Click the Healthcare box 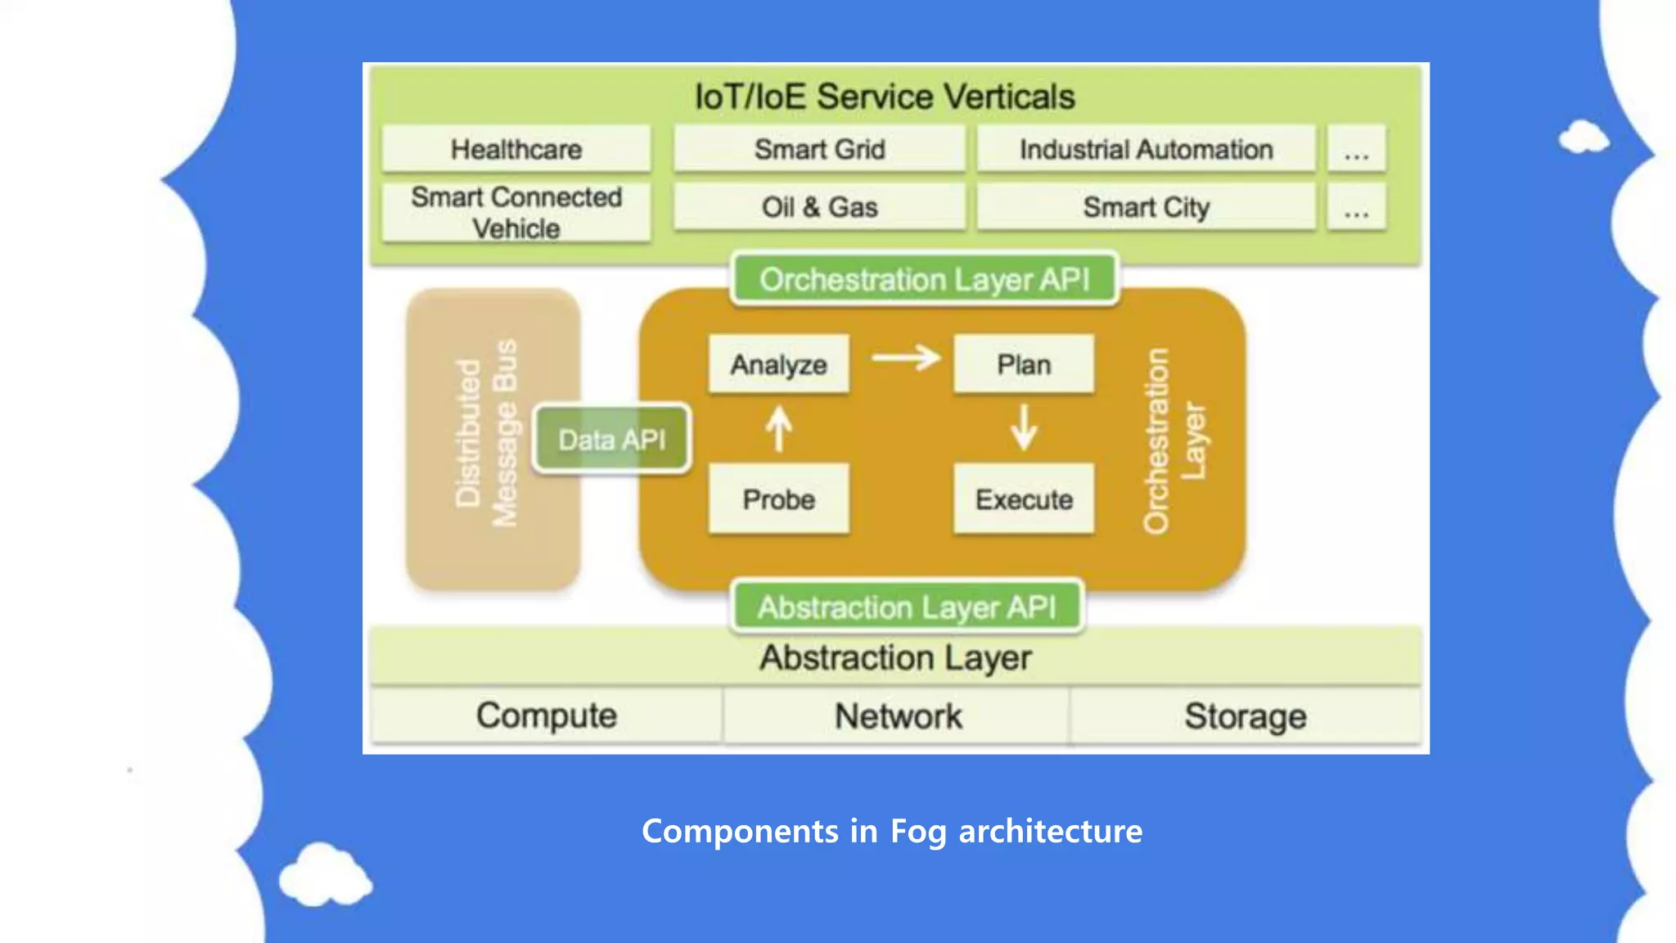(516, 149)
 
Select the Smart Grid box (819, 149)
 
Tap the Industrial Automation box (1146, 149)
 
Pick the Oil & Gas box (819, 207)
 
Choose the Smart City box (1146, 207)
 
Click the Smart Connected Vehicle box (516, 212)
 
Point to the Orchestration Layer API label (924, 280)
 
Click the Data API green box (612, 440)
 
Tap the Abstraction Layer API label (907, 607)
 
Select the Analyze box (778, 364)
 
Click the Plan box (1023, 364)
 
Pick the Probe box (778, 499)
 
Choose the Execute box (1023, 499)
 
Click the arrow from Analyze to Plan (905, 358)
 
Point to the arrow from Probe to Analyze (778, 429)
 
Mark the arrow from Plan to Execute (1023, 427)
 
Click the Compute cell (546, 715)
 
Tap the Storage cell (1245, 716)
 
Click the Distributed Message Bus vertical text (487, 434)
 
